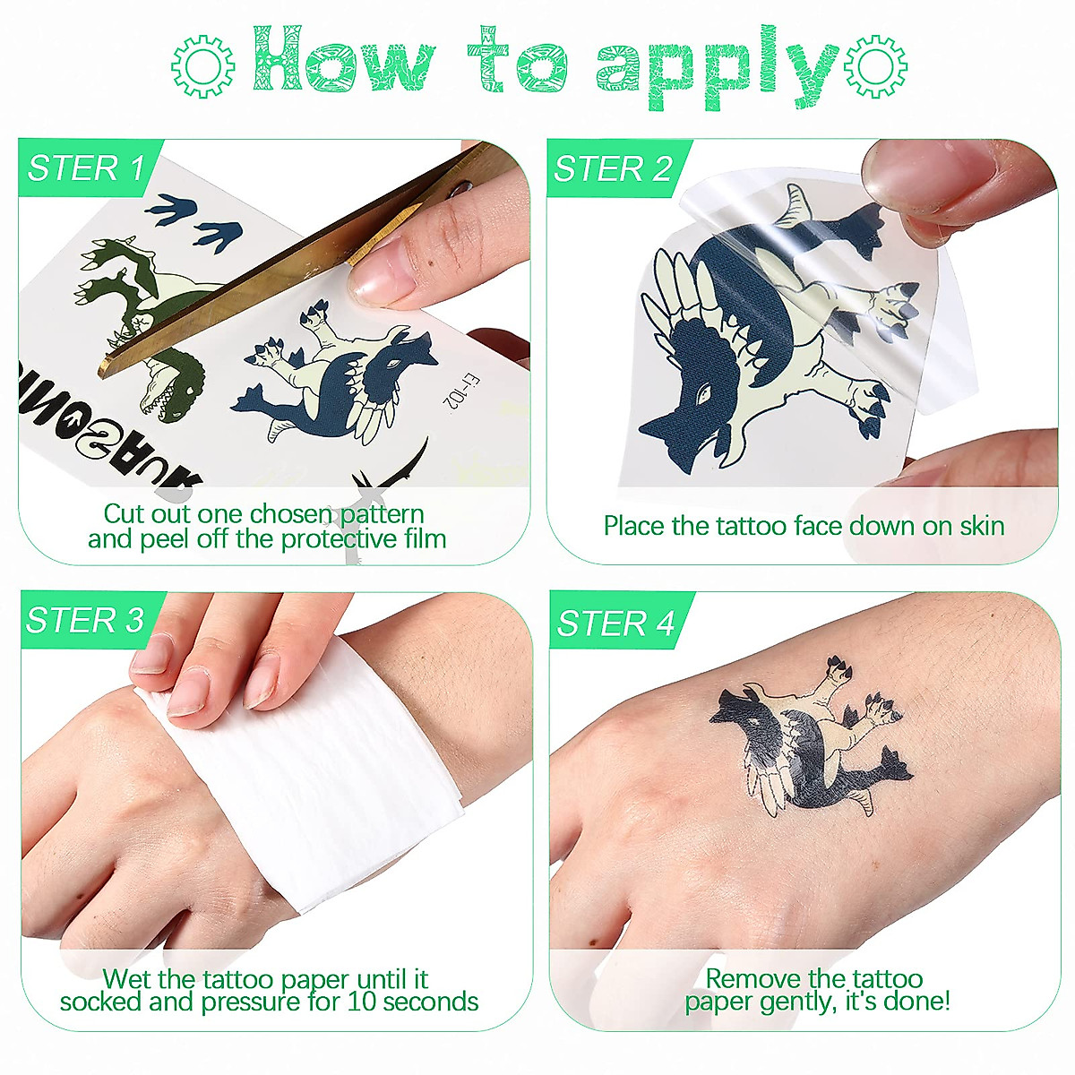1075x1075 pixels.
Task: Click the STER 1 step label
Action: pos(86,168)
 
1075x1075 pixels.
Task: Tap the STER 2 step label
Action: pos(613,168)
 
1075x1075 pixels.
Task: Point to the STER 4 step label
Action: pos(615,623)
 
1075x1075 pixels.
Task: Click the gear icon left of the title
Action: pos(203,65)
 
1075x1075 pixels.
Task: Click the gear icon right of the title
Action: pos(876,65)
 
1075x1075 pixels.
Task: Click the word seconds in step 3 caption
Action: pos(427,1002)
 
